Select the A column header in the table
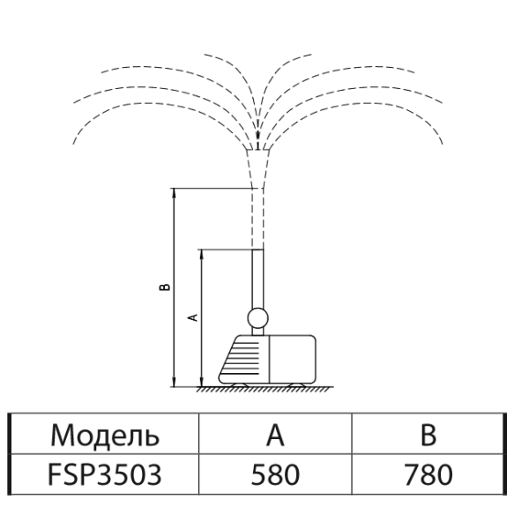pos(275,435)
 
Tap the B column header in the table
pos(428,435)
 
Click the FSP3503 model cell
pos(105,474)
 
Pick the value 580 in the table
pos(275,474)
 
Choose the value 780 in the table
pos(428,474)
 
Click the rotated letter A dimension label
pos(192,317)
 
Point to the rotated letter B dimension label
pos(165,287)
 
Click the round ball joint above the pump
pos(258,318)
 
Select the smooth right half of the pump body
pos(293,360)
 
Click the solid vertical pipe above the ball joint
pos(258,279)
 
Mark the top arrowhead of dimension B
pos(174,192)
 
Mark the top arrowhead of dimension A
pos(202,254)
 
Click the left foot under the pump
pos(240,385)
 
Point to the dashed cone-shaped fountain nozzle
pos(257,168)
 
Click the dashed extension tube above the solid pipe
pos(257,219)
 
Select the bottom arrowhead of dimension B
pos(174,383)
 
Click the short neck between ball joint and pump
pos(257,332)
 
